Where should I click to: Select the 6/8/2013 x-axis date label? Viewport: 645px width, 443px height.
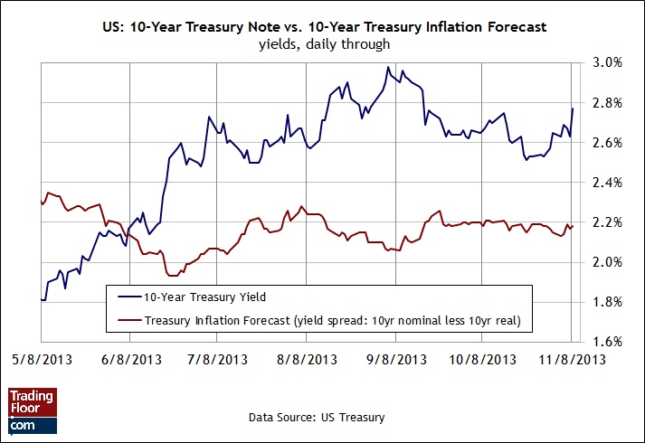pyautogui.click(x=131, y=359)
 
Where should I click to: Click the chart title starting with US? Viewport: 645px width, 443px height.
pyautogui.click(x=323, y=28)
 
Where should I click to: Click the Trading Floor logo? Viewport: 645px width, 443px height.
pyautogui.click(x=32, y=410)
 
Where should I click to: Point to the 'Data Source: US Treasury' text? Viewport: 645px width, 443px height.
pyautogui.click(x=316, y=417)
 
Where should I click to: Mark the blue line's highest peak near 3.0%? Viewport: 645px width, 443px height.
pyautogui.click(x=388, y=67)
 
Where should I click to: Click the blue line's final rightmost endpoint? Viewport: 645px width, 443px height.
pyautogui.click(x=573, y=109)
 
